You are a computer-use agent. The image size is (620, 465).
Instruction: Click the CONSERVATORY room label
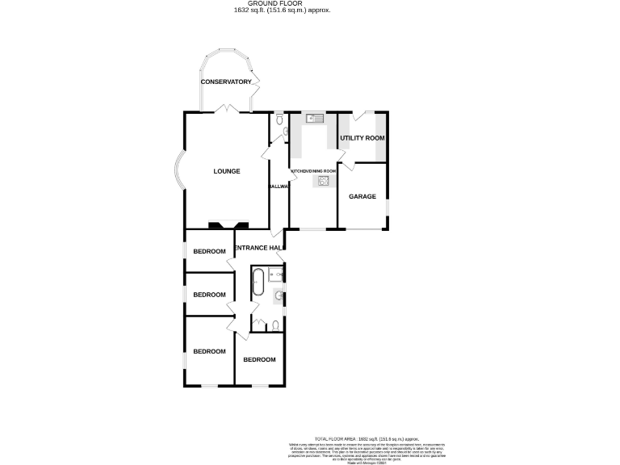pos(227,82)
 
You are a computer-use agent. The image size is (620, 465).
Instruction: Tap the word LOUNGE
pos(227,171)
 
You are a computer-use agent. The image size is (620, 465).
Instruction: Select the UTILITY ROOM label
pos(362,139)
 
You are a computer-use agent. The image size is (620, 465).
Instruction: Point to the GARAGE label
pos(362,196)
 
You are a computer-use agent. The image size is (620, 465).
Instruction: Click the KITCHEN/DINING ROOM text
pos(312,172)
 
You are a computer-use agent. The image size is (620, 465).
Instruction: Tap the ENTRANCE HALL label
pos(258,248)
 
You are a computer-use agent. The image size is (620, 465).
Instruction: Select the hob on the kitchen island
pos(324,182)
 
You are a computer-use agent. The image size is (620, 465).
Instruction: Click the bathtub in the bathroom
pos(258,284)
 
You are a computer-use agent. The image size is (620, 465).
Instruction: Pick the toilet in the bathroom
pos(276,325)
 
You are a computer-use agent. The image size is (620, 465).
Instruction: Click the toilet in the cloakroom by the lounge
pos(279,121)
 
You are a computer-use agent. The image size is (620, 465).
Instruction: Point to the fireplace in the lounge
pos(223,224)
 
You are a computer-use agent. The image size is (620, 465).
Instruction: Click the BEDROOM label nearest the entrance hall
pos(209,252)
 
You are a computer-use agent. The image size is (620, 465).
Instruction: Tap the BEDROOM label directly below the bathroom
pos(259,360)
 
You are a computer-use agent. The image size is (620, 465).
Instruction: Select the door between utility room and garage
pos(352,165)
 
